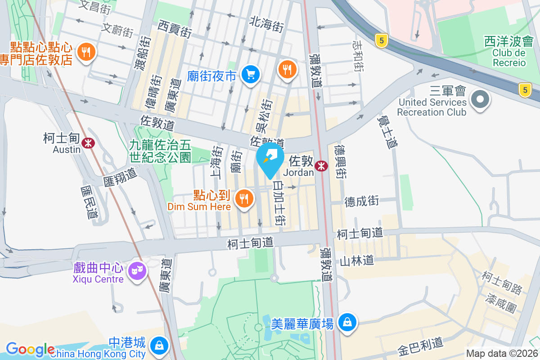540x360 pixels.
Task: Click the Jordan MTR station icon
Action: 321,166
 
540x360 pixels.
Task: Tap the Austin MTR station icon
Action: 89,143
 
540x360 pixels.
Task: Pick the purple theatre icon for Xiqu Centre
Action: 136,271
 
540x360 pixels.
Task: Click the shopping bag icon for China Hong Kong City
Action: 159,346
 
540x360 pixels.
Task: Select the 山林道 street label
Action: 356,260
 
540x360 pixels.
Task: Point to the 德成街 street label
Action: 361,201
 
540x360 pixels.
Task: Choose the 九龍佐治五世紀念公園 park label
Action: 161,151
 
